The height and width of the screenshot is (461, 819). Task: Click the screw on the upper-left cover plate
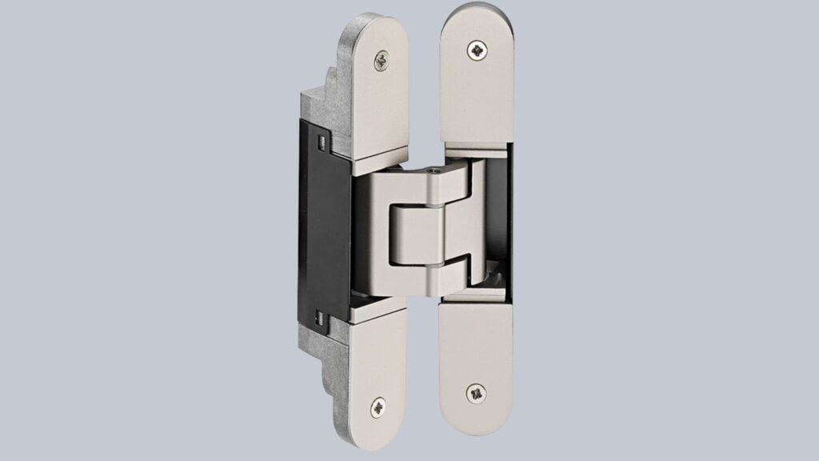pos(382,59)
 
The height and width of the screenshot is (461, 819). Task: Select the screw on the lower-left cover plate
pos(378,407)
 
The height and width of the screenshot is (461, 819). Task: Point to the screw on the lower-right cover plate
pos(476,393)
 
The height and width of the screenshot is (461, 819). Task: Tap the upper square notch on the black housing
pos(321,142)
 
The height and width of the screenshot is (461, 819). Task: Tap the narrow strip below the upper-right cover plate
pos(475,148)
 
